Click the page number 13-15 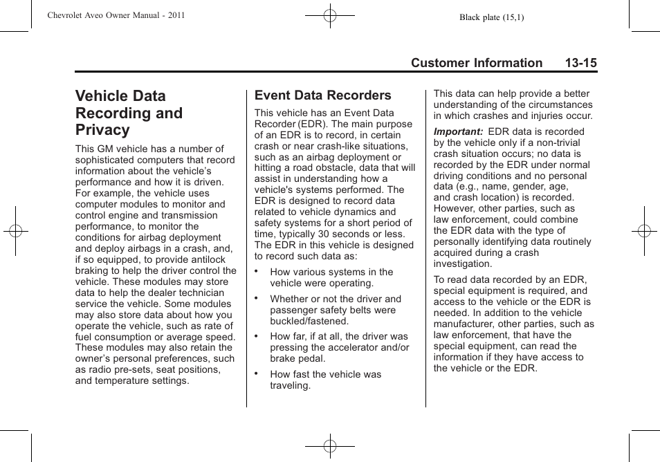pyautogui.click(x=580, y=63)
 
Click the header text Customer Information pyautogui.click(x=476, y=63)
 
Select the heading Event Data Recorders pyautogui.click(x=322, y=95)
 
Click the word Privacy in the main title pyautogui.click(x=102, y=130)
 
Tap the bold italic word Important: pyautogui.click(x=458, y=131)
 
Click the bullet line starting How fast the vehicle pyautogui.click(x=325, y=374)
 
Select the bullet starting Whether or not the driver pyautogui.click(x=335, y=299)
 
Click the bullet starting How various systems pyautogui.click(x=331, y=272)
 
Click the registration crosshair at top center pyautogui.click(x=330, y=15)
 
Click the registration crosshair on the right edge pyautogui.click(x=643, y=230)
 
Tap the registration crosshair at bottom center pyautogui.click(x=330, y=447)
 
